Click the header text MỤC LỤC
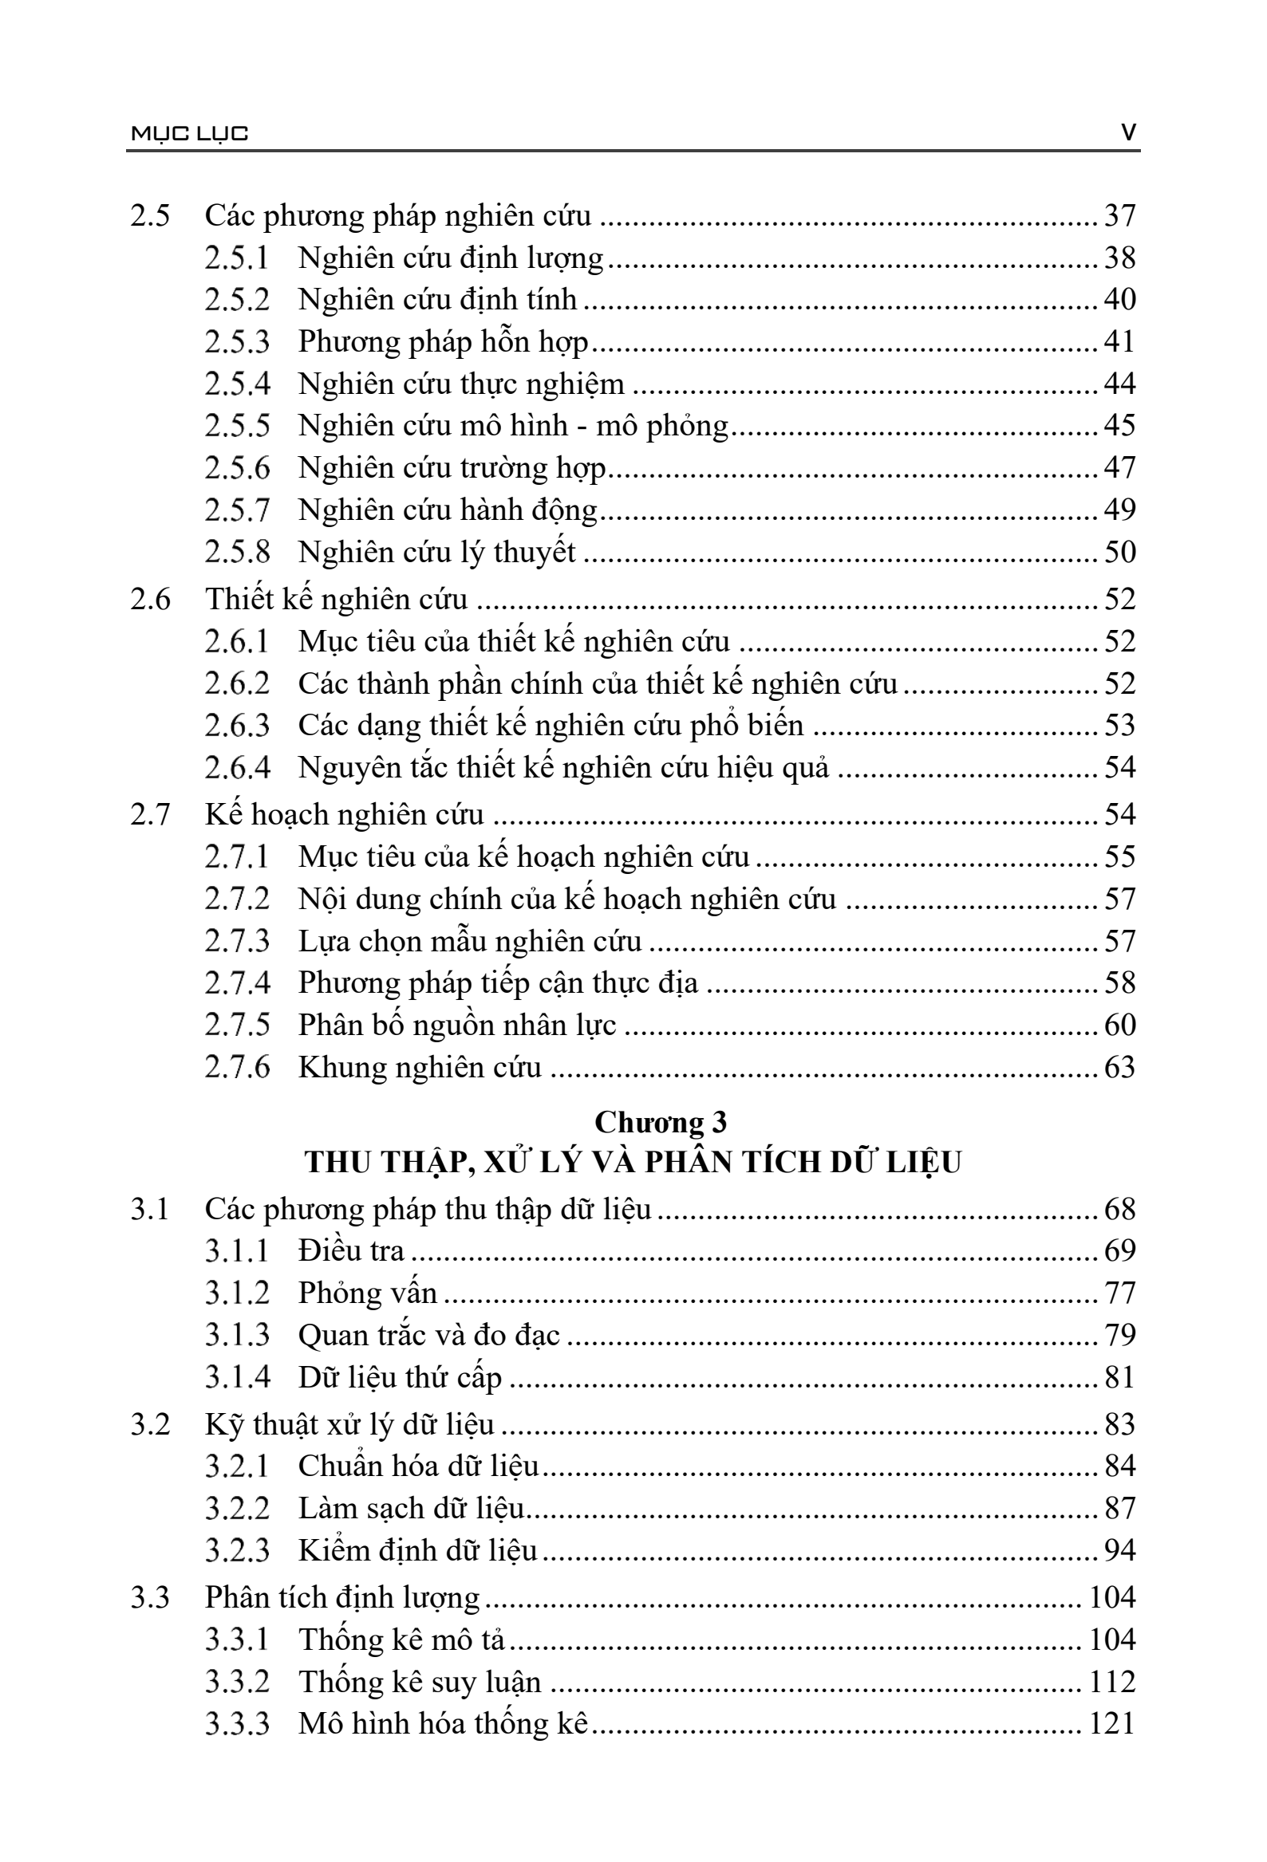[x=189, y=133]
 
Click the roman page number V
[x=1128, y=132]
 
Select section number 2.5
[x=151, y=215]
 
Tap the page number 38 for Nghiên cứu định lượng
[x=1119, y=258]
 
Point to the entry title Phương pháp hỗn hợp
[x=443, y=342]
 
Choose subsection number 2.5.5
[x=237, y=426]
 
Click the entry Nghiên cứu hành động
[x=448, y=510]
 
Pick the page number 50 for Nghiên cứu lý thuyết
[x=1119, y=552]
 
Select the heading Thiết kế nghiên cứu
[x=336, y=600]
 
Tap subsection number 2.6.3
[x=237, y=725]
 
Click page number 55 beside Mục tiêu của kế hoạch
[x=1119, y=857]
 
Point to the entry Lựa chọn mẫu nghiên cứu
[x=470, y=942]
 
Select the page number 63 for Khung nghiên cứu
[x=1119, y=1067]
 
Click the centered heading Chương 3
[x=661, y=1123]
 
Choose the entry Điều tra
[x=351, y=1250]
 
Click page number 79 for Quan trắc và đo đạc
[x=1119, y=1335]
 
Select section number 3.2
[x=151, y=1423]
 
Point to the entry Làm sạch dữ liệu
[x=411, y=1508]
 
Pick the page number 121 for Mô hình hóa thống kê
[x=1111, y=1722]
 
